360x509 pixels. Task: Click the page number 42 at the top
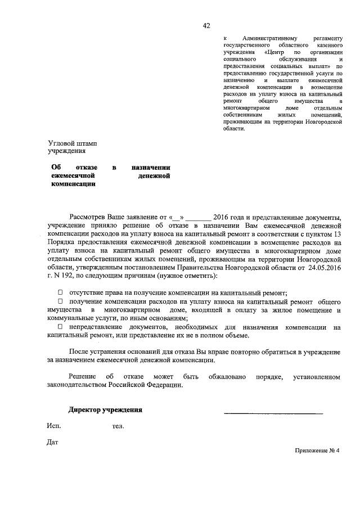pos(206,25)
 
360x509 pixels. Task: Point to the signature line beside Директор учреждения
pos(273,413)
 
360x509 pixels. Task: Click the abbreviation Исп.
pos(54,426)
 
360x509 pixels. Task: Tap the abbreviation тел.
pos(118,426)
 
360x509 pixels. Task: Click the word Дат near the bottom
pos(53,442)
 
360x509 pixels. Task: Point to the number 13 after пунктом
pos(337,233)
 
